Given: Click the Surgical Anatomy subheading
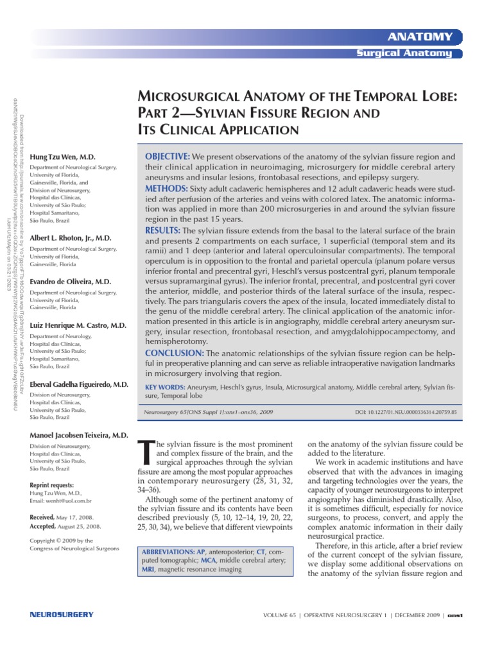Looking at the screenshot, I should click(x=404, y=53).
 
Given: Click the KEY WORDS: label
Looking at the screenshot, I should click(x=164, y=388).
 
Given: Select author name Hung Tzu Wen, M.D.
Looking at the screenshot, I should click(x=63, y=157).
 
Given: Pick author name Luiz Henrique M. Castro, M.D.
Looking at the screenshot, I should click(x=78, y=326).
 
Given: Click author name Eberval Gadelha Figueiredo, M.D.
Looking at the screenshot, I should click(x=80, y=384).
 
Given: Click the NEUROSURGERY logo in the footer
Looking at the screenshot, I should click(x=62, y=615).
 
